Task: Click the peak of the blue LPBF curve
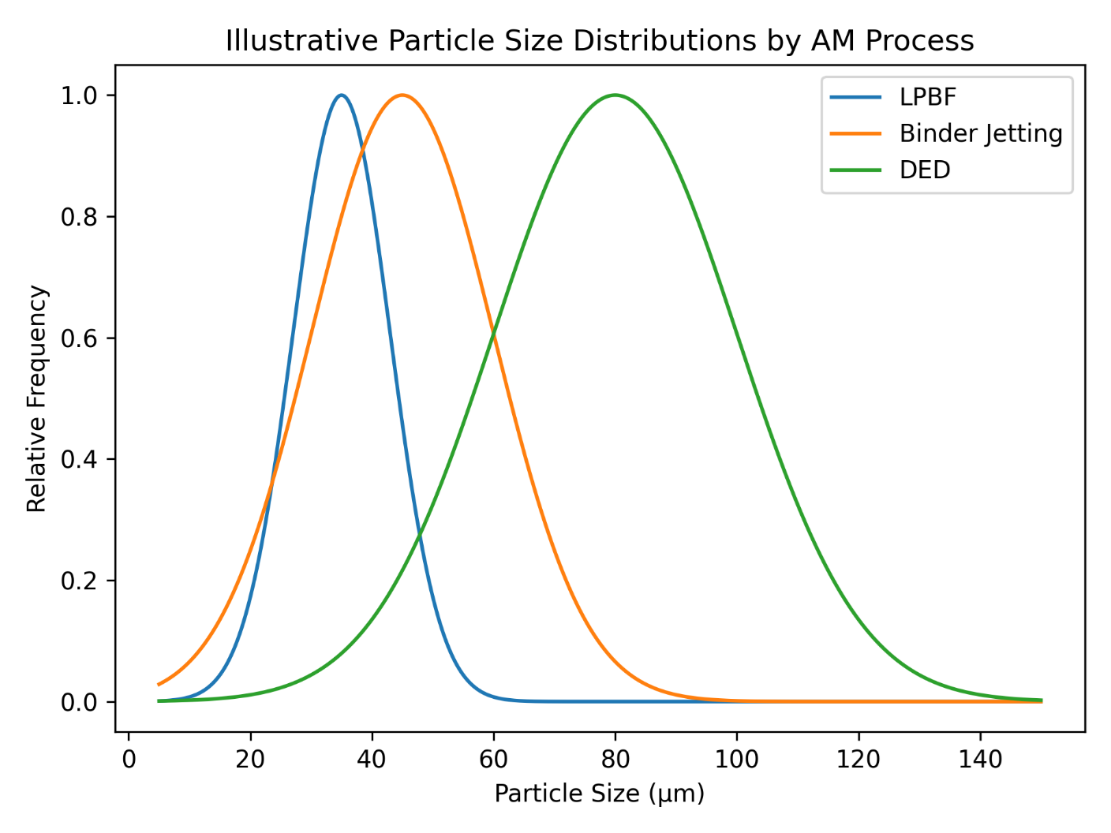click(x=341, y=95)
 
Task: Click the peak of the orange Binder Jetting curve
click(x=402, y=95)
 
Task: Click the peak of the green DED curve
click(x=615, y=95)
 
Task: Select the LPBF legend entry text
click(x=927, y=97)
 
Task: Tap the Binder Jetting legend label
click(x=981, y=133)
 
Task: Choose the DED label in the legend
click(x=925, y=170)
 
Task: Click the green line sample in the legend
click(x=855, y=170)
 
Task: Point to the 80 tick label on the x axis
click(x=615, y=759)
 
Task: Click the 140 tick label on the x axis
click(x=980, y=759)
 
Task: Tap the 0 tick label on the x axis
click(x=129, y=759)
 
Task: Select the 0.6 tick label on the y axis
click(x=78, y=338)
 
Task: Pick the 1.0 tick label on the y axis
click(x=78, y=95)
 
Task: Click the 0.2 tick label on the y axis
click(x=78, y=581)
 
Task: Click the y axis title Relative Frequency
click(x=37, y=398)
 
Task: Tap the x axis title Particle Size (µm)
click(x=600, y=793)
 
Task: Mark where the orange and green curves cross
click(x=494, y=335)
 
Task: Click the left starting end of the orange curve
click(x=159, y=685)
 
